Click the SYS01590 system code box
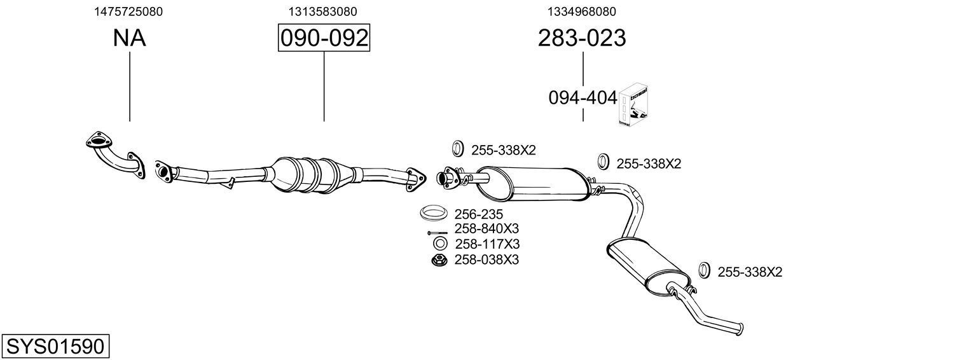click(55, 347)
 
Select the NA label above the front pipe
click(129, 38)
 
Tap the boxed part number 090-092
click(324, 38)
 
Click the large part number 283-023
click(581, 38)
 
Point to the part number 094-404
click(583, 98)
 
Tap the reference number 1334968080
click(581, 11)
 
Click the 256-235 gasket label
click(478, 214)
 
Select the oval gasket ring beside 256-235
click(434, 212)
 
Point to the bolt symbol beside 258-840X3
click(437, 232)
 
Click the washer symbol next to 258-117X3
click(438, 244)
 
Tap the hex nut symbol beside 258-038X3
click(438, 260)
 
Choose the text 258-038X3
click(486, 260)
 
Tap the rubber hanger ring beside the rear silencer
click(704, 270)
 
